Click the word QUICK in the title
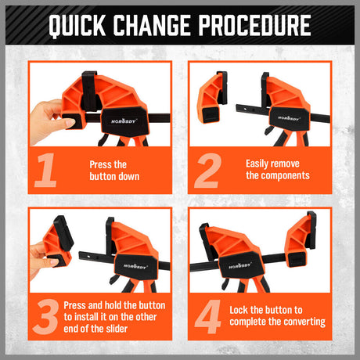click(77, 25)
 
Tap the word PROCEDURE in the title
click(255, 25)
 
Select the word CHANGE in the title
click(152, 25)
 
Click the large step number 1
click(46, 170)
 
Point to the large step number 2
click(207, 171)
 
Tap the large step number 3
click(46, 317)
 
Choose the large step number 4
click(208, 317)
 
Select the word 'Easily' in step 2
click(257, 164)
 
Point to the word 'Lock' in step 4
click(239, 310)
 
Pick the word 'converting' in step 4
click(304, 322)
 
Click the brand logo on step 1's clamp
click(124, 121)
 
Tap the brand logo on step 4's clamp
click(239, 266)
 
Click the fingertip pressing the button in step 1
click(69, 123)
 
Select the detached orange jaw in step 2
click(212, 97)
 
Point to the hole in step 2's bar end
click(245, 110)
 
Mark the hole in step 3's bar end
click(88, 257)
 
